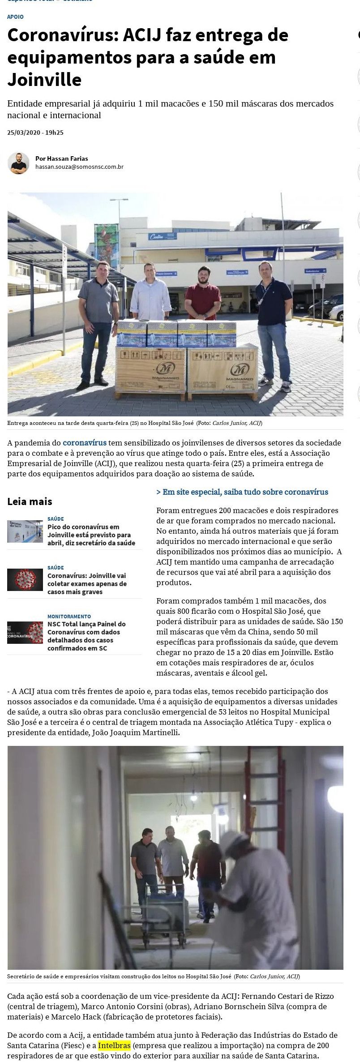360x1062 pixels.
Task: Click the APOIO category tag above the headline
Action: pyautogui.click(x=15, y=17)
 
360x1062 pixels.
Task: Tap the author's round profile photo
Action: pyautogui.click(x=18, y=163)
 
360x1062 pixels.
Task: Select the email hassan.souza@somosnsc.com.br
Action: pyautogui.click(x=79, y=167)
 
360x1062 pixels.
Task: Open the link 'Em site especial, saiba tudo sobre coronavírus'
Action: pyautogui.click(x=242, y=492)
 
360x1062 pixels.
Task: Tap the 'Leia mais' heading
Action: pyautogui.click(x=30, y=501)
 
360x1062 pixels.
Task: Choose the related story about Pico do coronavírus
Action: pyautogui.click(x=91, y=535)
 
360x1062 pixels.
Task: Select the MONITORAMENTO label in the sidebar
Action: pyautogui.click(x=69, y=617)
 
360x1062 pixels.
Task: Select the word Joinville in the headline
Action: pyautogui.click(x=44, y=80)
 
